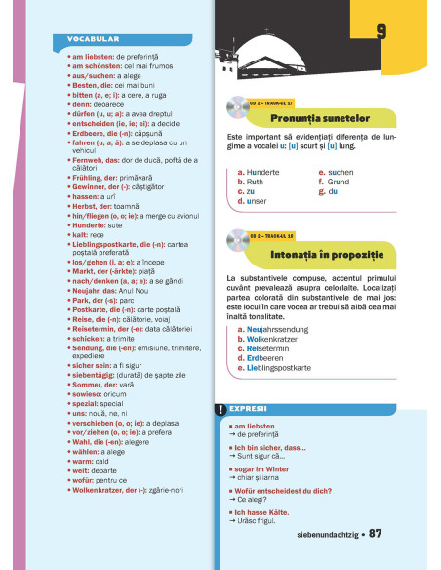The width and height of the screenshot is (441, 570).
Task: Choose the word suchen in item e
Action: (341, 172)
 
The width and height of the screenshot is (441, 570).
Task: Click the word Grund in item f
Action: (339, 182)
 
